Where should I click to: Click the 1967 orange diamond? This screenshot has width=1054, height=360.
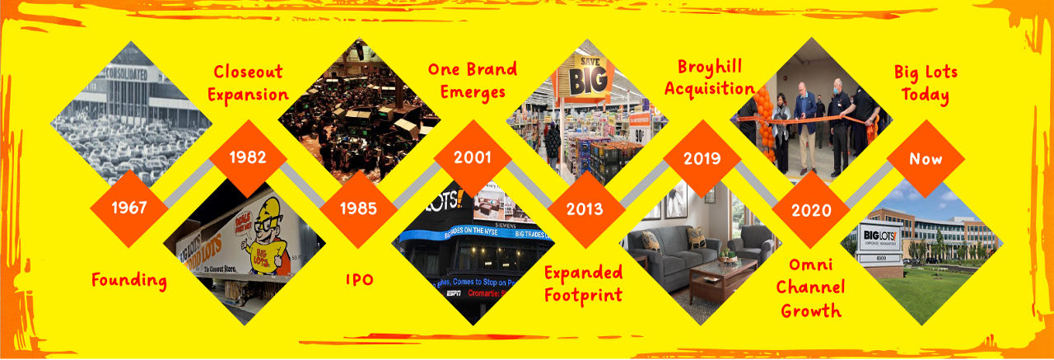coord(128,208)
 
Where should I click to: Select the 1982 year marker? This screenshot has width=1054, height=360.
coord(248,157)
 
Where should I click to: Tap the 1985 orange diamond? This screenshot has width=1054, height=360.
coord(359,208)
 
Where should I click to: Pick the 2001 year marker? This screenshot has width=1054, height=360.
coord(472,157)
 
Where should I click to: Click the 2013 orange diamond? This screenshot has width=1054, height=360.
coord(584,208)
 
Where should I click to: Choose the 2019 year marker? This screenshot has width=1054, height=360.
coord(702,157)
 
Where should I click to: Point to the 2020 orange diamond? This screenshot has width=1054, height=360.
coord(810,209)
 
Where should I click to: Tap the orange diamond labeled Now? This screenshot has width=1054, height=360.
coord(925,158)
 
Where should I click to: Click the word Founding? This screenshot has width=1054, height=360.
coord(129,280)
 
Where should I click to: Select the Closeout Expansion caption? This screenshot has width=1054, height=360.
coord(248,83)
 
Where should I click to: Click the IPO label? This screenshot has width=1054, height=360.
coord(359,280)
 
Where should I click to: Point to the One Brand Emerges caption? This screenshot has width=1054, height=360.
coord(472,80)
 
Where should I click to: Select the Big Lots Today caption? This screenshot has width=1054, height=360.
coord(926,83)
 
